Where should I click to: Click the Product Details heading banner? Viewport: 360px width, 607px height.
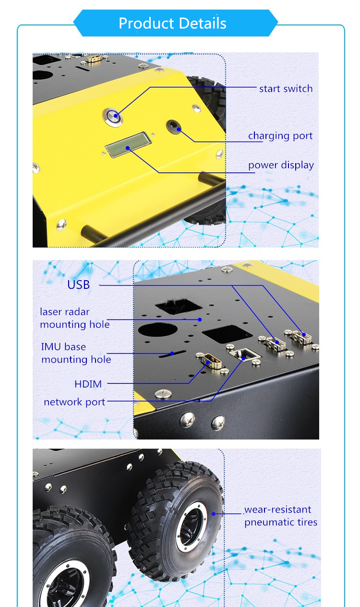coord(175,23)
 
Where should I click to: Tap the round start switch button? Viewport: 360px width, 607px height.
coord(113,117)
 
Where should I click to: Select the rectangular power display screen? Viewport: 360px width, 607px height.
coord(128,144)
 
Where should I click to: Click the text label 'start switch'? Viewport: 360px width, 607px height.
coord(286,89)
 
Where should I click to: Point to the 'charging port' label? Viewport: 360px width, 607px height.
coord(280,136)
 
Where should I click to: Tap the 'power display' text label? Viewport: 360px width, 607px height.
coord(281,165)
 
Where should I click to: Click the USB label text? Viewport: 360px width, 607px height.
coord(78,285)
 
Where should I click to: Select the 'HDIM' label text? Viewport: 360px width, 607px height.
coord(88,384)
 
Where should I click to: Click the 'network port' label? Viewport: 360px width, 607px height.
coord(74,402)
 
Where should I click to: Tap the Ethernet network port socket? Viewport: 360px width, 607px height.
coord(245,354)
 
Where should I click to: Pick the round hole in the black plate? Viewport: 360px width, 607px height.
coord(158,330)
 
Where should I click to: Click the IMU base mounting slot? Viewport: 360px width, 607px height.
coord(172,354)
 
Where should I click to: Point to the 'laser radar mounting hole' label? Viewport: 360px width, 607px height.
coord(74,318)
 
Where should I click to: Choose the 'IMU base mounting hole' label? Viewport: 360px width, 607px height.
coord(76,353)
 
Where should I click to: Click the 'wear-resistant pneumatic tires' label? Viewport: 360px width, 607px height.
coord(281,516)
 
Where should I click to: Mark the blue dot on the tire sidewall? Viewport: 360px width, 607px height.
coord(213,514)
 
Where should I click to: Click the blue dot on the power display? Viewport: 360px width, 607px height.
coord(127,148)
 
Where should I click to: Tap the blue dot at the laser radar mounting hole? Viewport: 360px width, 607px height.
coord(200,320)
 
